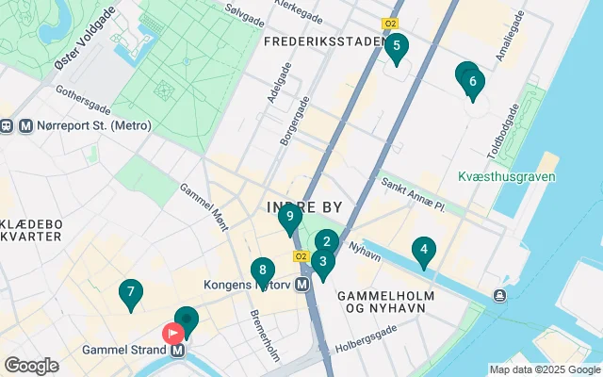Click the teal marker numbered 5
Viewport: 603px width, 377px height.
396,47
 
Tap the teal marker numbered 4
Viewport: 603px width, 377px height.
424,251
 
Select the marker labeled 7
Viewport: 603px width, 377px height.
130,293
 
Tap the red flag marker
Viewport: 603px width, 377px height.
173,333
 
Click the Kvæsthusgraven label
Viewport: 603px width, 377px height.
506,176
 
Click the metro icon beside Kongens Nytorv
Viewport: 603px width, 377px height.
302,284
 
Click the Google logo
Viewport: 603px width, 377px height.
31,366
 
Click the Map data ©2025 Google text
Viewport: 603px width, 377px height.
544,369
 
